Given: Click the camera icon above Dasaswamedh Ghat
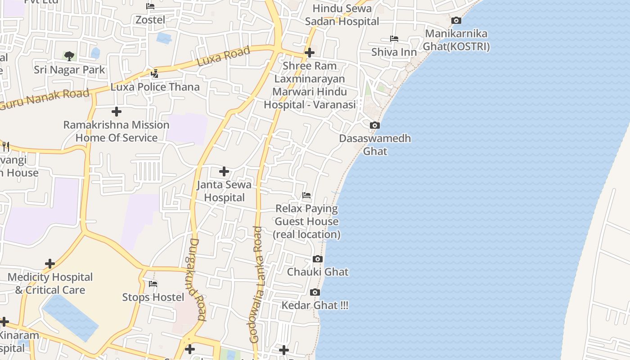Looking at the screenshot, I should pyautogui.click(x=374, y=126).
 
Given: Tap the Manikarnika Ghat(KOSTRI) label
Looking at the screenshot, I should pyautogui.click(x=456, y=40).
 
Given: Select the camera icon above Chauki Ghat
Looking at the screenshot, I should pyautogui.click(x=318, y=259).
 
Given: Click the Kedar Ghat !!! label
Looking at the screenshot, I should pyautogui.click(x=315, y=306).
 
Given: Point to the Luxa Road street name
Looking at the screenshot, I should pyautogui.click(x=224, y=56).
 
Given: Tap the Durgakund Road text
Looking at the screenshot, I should pyautogui.click(x=194, y=279).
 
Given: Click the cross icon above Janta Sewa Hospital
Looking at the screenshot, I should pyautogui.click(x=224, y=171).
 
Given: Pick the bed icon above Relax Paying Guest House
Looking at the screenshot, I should pyautogui.click(x=306, y=195).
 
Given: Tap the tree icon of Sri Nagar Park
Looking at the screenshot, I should pyautogui.click(x=69, y=56).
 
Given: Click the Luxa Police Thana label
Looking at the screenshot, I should pyautogui.click(x=155, y=87).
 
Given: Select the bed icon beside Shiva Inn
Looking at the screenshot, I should pyautogui.click(x=394, y=39).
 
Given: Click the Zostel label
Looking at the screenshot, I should pyautogui.click(x=150, y=20).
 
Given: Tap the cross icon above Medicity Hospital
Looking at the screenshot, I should pyautogui.click(x=50, y=264).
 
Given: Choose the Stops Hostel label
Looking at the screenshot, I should pyautogui.click(x=153, y=297).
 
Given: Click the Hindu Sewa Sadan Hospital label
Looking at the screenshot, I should pyautogui.click(x=342, y=15).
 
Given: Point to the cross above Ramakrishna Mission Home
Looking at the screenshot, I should pyautogui.click(x=117, y=111).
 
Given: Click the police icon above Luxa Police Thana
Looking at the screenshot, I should pyautogui.click(x=155, y=73).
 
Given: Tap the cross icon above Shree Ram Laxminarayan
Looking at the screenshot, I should pyautogui.click(x=309, y=53).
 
